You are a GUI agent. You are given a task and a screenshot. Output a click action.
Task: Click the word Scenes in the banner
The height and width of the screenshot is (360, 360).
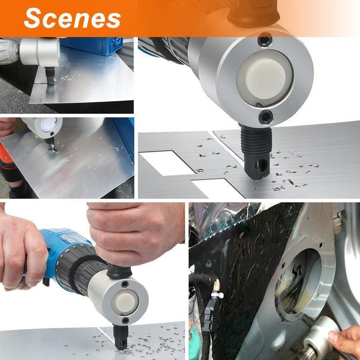[72, 18]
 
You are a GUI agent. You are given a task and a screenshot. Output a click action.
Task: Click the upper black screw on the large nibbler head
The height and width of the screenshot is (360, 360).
[265, 40]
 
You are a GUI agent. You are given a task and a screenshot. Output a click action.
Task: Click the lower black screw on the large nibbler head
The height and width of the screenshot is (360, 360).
[266, 117]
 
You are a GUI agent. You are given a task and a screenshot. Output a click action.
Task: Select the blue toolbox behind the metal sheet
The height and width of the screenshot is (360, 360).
[92, 46]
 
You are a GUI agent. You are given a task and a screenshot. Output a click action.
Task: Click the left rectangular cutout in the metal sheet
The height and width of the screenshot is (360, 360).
[167, 162]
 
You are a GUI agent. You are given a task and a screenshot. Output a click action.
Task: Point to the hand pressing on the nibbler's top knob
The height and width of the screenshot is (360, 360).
[135, 232]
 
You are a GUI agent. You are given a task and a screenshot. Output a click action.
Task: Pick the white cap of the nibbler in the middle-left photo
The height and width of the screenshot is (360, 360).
[49, 125]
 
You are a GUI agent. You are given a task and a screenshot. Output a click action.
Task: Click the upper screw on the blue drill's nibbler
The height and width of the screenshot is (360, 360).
[125, 285]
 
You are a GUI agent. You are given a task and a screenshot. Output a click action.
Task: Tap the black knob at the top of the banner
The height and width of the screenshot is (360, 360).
[252, 13]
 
